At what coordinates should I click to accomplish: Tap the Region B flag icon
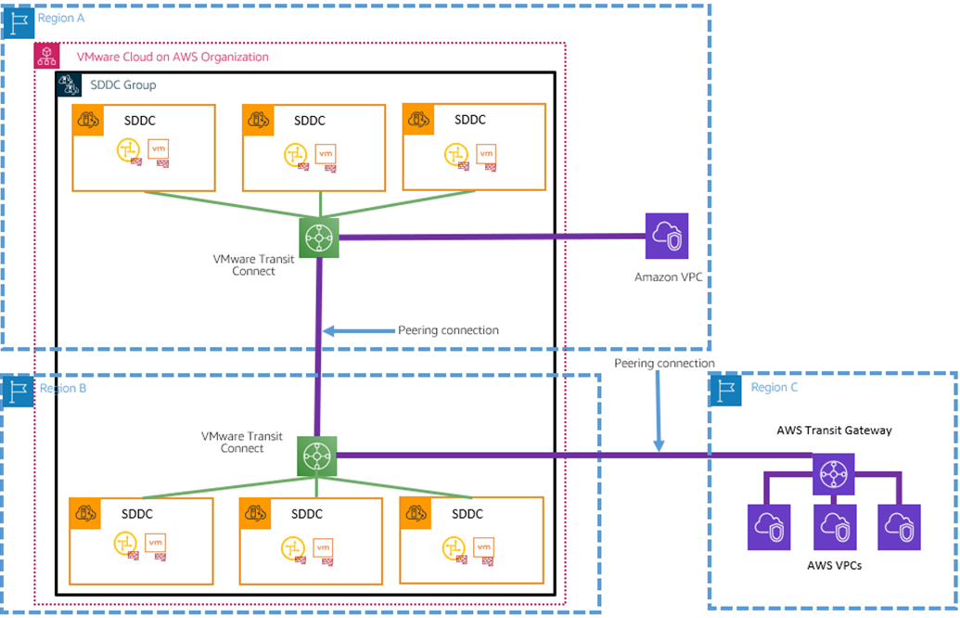click(x=18, y=391)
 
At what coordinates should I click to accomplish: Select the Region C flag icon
click(x=726, y=389)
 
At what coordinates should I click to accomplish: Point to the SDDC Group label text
click(x=123, y=85)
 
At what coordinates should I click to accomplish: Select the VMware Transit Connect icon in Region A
click(x=319, y=237)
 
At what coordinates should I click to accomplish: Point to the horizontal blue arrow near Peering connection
click(x=357, y=330)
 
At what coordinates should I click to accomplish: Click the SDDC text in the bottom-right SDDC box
click(x=467, y=514)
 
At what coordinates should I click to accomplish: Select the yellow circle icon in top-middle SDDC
click(x=296, y=153)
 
